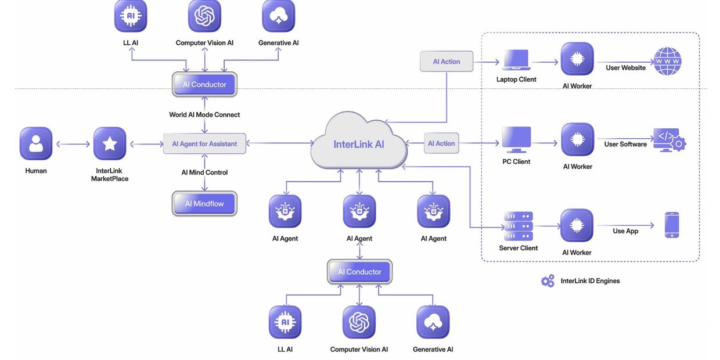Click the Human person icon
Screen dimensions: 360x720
(36, 143)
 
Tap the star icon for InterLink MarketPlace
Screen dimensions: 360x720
(110, 143)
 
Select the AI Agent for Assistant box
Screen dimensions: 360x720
(204, 143)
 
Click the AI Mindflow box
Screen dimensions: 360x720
(204, 204)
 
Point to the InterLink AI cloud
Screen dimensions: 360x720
(358, 143)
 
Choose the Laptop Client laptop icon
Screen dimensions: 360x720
(516, 60)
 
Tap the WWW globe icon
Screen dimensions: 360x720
(667, 60)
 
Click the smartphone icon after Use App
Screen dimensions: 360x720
(672, 225)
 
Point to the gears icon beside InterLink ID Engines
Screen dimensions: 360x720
(548, 281)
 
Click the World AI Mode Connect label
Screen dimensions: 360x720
(204, 114)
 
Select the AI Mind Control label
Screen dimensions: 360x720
(204, 172)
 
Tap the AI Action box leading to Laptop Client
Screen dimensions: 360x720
(447, 62)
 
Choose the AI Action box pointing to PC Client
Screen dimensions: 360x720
(441, 143)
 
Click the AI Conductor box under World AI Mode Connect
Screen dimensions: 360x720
(204, 84)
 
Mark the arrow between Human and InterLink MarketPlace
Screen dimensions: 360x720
(73, 144)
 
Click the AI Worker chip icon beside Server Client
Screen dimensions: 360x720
(577, 225)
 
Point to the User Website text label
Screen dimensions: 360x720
(625, 68)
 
